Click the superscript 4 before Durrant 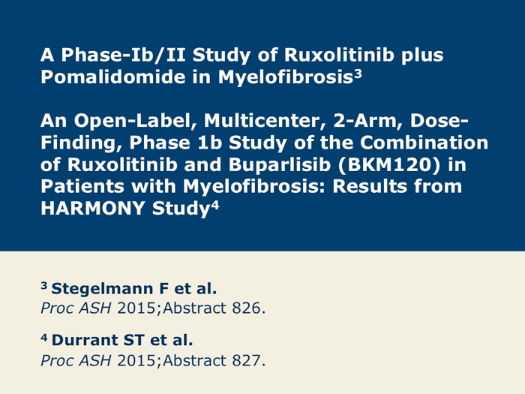click(x=44, y=338)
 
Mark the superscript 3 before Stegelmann click(x=44, y=285)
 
